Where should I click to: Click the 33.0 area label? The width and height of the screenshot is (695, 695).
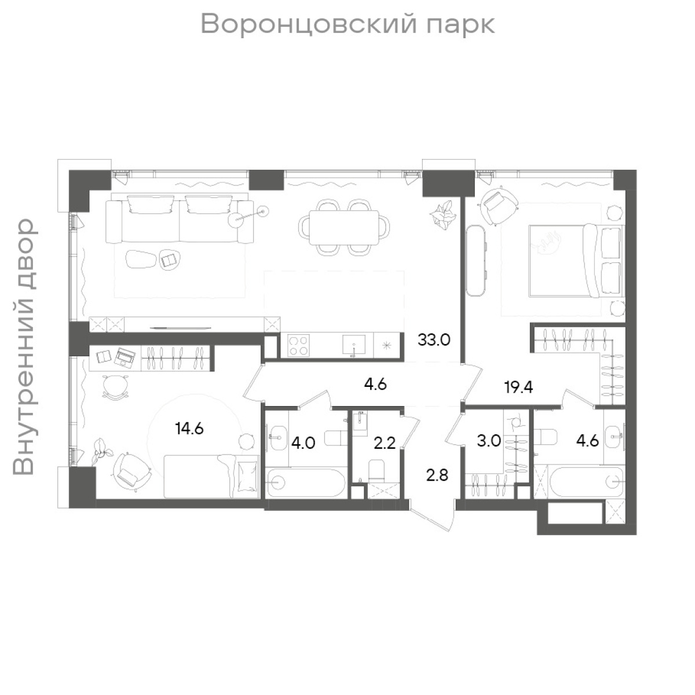point(434,340)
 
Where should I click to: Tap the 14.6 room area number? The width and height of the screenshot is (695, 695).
point(188,429)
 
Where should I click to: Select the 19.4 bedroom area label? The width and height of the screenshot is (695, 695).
point(518,387)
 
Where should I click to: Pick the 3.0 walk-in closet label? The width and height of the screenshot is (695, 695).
point(488,441)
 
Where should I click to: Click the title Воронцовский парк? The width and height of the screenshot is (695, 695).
point(348,24)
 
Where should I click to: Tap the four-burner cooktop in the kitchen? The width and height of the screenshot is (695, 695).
point(298,346)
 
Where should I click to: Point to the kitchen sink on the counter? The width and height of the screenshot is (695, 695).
point(354,346)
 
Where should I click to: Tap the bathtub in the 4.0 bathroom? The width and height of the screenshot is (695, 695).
point(305,482)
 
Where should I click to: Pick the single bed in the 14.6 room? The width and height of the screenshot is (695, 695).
point(211,475)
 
